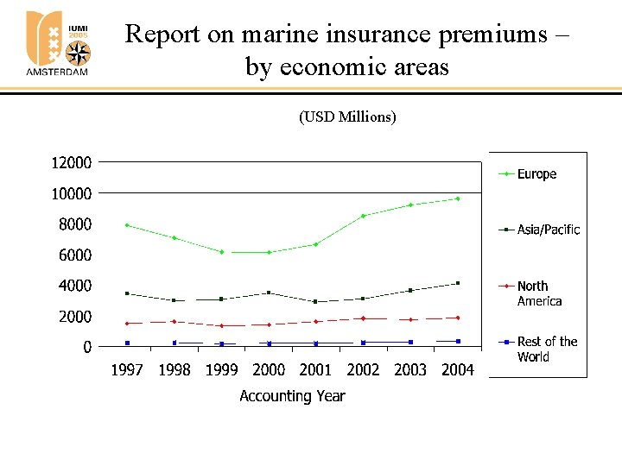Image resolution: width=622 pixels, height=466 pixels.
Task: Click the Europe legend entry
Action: [536, 174]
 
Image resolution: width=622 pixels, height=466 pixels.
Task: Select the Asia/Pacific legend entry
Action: [548, 230]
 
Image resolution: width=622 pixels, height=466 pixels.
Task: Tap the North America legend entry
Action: [539, 293]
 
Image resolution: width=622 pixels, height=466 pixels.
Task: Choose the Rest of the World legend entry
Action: [547, 349]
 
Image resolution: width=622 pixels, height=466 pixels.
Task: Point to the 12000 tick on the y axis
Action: [72, 162]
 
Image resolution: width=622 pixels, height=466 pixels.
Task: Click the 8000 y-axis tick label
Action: [75, 224]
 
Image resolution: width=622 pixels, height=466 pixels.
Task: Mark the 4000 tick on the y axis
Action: [75, 286]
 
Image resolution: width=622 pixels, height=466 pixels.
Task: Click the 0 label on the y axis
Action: [87, 347]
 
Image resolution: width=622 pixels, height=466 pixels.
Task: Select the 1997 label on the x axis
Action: [127, 370]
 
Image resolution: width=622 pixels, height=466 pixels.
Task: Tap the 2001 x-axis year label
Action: [315, 370]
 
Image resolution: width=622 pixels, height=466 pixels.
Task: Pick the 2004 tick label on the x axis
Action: [457, 370]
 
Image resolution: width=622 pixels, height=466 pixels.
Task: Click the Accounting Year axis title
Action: [292, 396]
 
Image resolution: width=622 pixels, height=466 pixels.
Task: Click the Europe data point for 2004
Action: [457, 198]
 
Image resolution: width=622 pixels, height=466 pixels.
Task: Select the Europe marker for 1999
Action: [221, 252]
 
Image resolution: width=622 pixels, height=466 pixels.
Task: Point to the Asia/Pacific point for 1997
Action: [127, 293]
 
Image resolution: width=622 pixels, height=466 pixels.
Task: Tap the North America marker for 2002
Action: [363, 318]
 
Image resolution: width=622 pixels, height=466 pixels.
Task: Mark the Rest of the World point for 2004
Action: [458, 341]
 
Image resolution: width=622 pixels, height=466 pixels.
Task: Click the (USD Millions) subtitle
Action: [347, 116]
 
